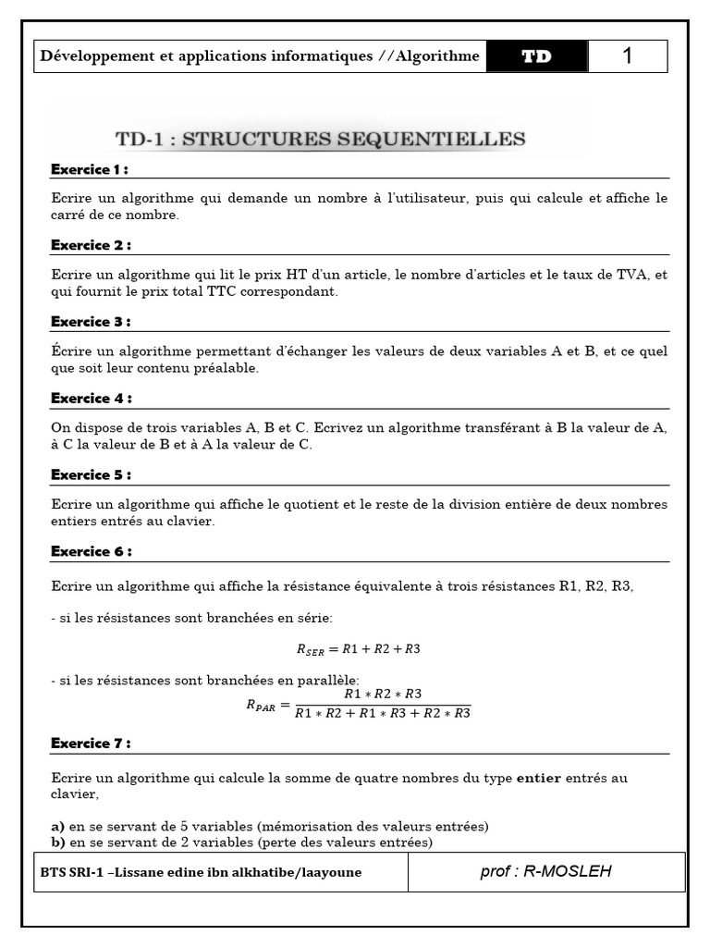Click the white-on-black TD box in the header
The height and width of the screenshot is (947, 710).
536,56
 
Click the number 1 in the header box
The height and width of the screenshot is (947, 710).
628,56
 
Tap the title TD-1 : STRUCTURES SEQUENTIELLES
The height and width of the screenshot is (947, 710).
320,140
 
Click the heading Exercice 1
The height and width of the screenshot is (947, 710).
89,169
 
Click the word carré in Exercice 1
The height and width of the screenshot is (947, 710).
68,215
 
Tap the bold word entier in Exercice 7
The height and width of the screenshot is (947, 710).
538,779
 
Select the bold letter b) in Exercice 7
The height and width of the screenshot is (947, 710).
58,842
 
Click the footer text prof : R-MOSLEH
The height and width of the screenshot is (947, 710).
546,871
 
